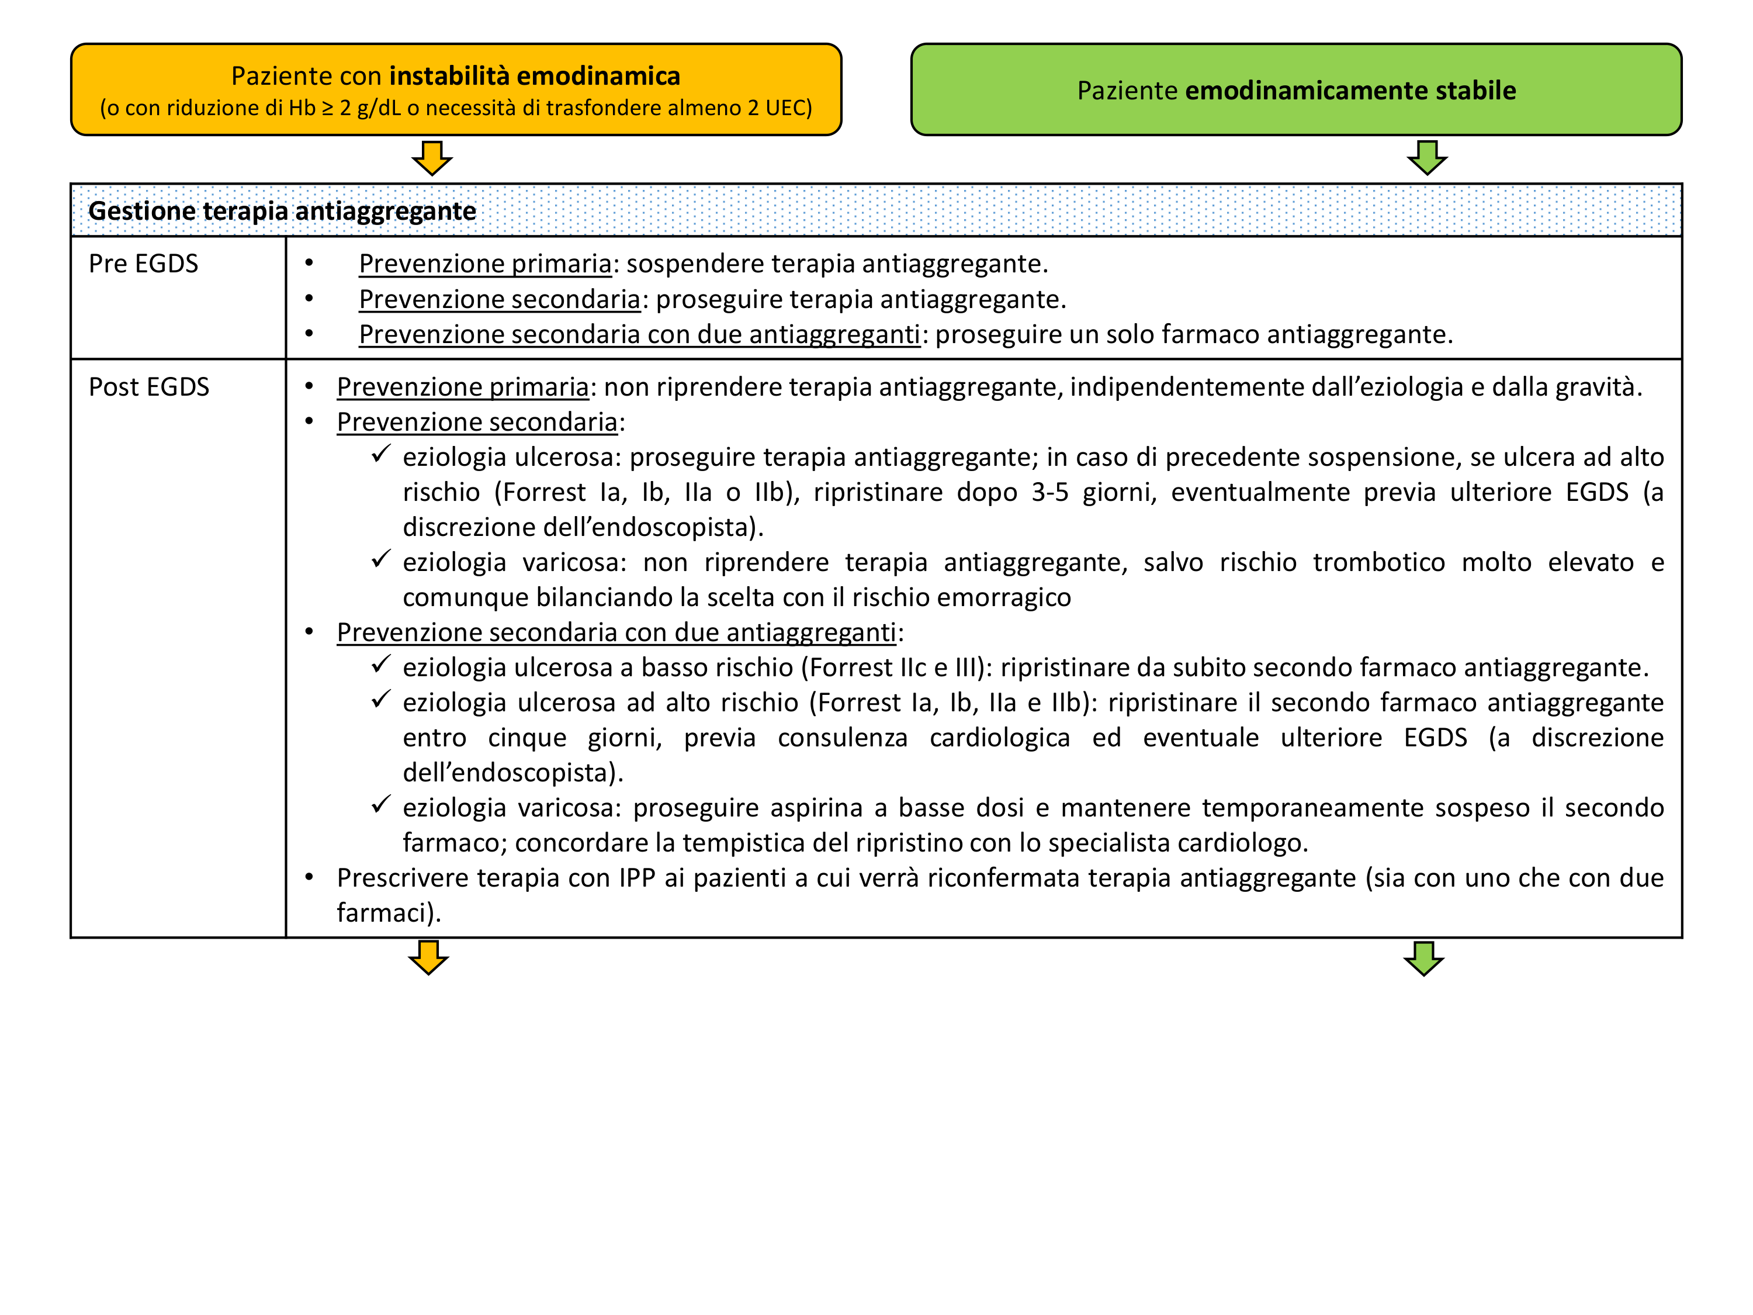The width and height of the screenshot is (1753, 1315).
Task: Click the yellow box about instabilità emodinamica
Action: pyautogui.click(x=456, y=89)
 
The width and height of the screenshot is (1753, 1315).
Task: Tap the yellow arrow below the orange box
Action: pyautogui.click(x=432, y=158)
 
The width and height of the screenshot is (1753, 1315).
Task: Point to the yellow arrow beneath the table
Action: pyautogui.click(x=429, y=957)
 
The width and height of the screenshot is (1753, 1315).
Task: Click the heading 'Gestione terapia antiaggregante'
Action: pyautogui.click(x=282, y=211)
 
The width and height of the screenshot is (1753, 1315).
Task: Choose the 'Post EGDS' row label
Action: pyautogui.click(x=149, y=387)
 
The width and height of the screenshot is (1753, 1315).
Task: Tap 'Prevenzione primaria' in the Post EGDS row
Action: pyautogui.click(x=463, y=387)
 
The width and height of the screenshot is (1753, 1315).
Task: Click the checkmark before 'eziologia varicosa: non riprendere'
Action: pyautogui.click(x=381, y=560)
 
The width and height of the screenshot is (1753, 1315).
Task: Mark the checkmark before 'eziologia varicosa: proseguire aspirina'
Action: pyautogui.click(x=381, y=805)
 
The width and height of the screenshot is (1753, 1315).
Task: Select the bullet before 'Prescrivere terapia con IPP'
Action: pyautogui.click(x=309, y=877)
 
